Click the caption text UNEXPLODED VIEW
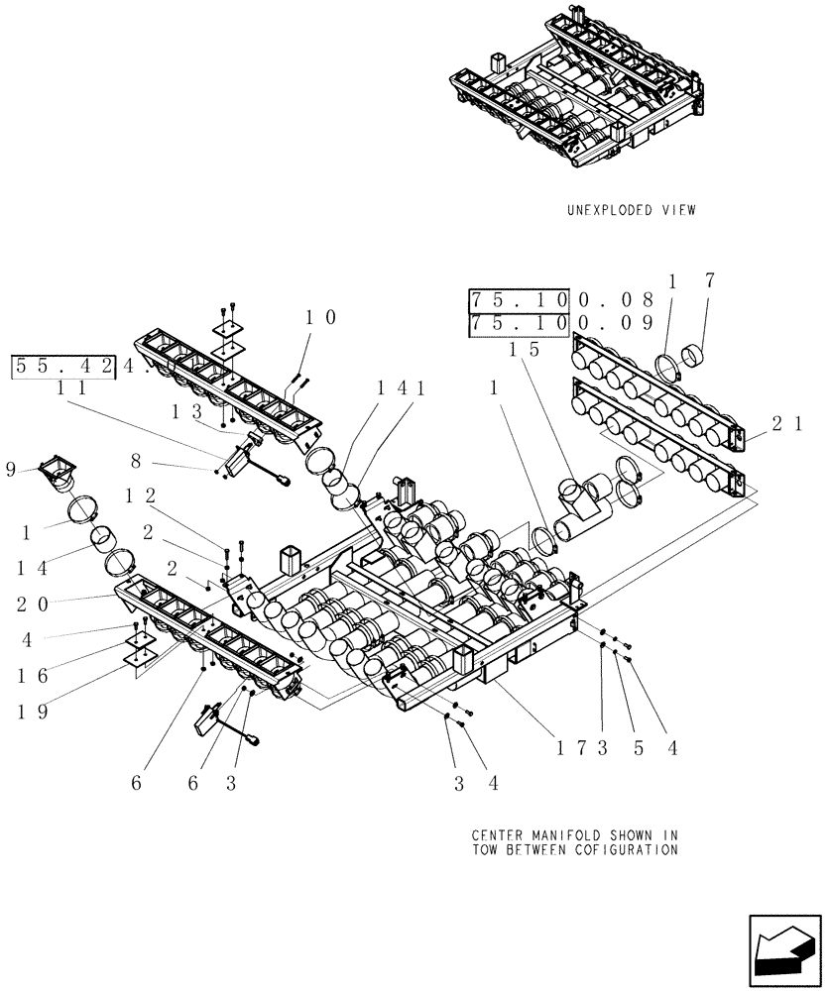[x=631, y=210]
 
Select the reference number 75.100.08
[x=561, y=299]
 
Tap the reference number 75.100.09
[x=561, y=323]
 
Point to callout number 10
[x=320, y=317]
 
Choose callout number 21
[x=788, y=424]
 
